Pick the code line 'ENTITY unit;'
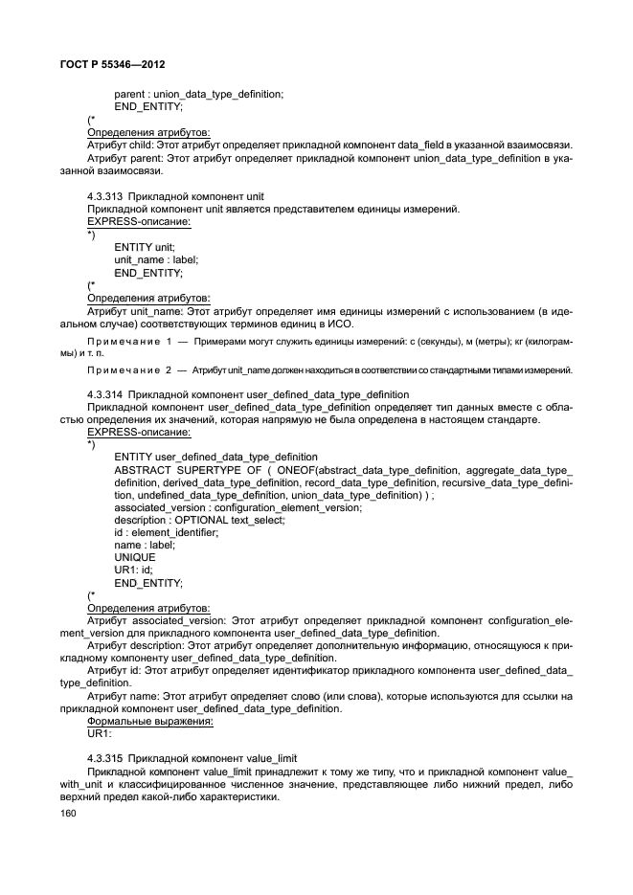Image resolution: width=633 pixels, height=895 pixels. click(144, 246)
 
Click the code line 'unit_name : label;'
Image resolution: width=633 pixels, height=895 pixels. click(154, 258)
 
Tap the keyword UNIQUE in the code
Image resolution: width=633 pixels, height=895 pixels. click(135, 557)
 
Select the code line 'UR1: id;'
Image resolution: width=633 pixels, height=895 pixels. click(134, 570)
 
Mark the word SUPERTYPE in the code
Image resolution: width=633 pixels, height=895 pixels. click(215, 470)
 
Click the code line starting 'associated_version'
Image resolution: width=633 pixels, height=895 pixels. click(237, 507)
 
